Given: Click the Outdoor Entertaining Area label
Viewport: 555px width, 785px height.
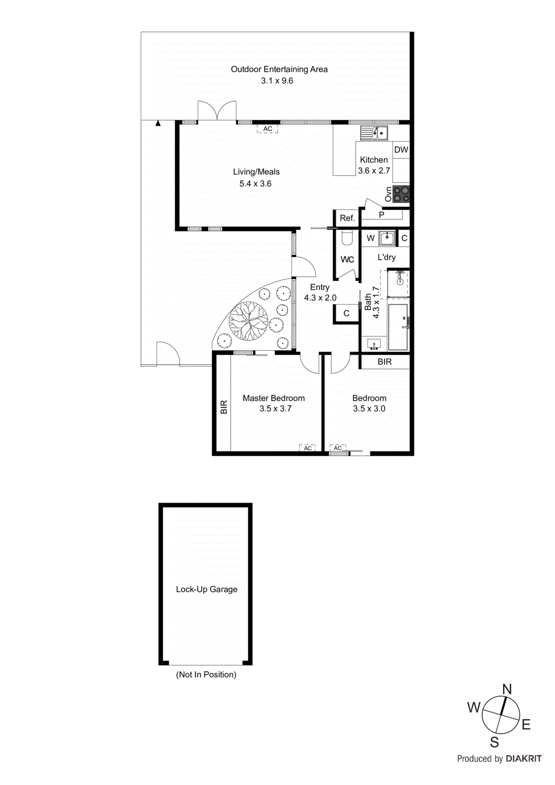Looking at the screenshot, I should coord(279,70).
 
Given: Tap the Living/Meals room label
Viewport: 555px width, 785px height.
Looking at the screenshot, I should coord(256,172).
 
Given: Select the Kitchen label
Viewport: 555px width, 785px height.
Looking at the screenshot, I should coord(373,160).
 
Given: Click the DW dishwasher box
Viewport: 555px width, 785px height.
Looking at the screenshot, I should coord(401,150).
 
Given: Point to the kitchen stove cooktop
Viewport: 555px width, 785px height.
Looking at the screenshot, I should coord(401,194).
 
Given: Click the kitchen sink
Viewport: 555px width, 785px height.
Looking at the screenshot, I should coord(374,133).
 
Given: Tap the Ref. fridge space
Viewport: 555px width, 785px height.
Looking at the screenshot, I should coord(347,218).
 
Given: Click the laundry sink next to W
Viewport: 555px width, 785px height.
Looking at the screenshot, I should coord(387,238).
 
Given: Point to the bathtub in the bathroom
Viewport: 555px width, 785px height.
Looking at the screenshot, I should coord(398,327).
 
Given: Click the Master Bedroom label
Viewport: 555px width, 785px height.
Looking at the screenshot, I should coord(273,398).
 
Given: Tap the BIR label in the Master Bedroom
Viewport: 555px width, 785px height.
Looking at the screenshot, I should coord(224,407).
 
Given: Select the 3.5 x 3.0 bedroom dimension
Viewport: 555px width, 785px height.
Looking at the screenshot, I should coord(369,409).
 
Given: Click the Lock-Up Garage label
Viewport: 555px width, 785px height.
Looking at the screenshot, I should coord(207,589).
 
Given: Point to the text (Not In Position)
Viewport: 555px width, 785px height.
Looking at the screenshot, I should coord(206,675).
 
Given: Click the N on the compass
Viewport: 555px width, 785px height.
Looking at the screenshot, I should coord(507,689).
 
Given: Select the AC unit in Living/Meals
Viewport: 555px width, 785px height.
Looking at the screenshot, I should coord(267,129).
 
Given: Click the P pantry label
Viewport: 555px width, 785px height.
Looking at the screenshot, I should coord(381,215).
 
